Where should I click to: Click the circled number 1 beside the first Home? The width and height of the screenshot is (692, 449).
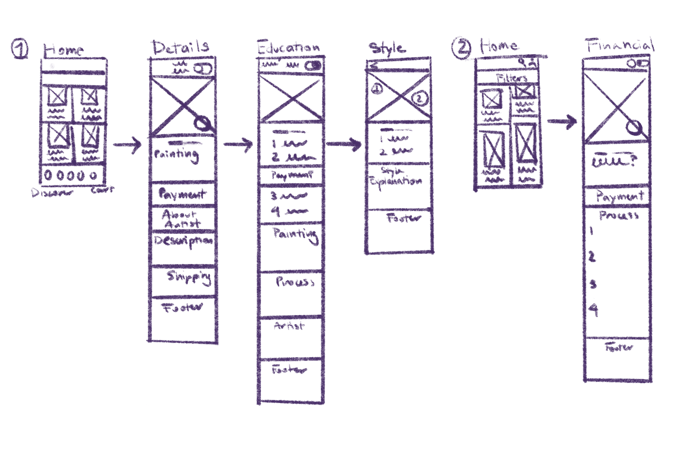20,49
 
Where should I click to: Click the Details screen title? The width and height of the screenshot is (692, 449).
181,48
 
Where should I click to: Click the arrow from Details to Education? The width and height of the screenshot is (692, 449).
238,144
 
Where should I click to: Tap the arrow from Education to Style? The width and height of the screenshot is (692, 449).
344,144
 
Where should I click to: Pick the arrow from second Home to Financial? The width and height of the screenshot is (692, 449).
562,121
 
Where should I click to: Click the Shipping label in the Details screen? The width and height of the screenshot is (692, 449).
189,278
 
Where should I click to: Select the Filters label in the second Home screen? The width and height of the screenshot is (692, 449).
512,78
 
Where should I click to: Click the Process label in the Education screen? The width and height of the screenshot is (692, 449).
295,282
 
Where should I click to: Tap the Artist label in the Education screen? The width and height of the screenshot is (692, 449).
289,326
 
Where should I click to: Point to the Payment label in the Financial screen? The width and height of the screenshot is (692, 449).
620,196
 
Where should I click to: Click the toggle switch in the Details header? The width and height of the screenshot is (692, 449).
203,69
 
